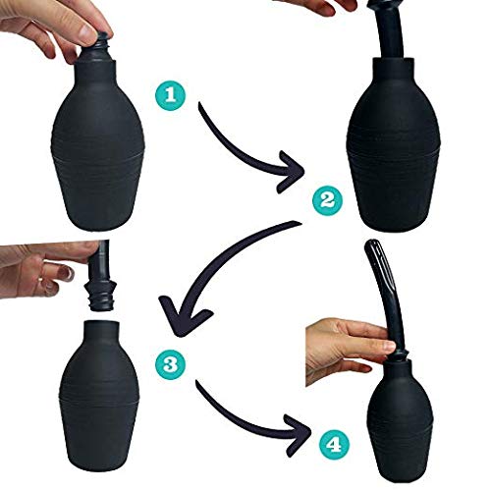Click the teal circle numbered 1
pos(170,95)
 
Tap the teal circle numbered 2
pos(328,201)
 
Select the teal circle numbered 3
pos(170,365)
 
